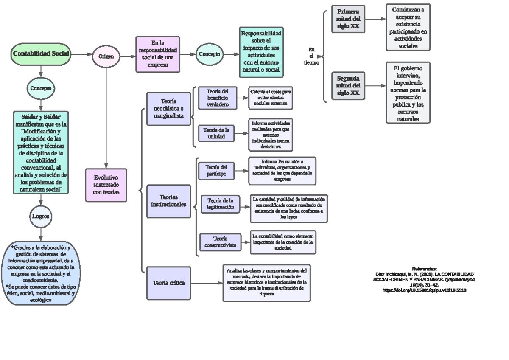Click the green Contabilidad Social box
41,54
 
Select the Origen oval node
106,56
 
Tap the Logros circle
41,216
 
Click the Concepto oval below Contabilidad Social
41,88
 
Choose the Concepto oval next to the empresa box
209,54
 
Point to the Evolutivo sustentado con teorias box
106,185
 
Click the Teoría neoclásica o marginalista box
169,109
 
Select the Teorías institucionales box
168,201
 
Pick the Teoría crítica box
168,283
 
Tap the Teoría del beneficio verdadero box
218,98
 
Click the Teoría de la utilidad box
216,133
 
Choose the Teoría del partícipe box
216,171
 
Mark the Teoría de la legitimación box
220,204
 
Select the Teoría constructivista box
220,242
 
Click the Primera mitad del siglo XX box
348,19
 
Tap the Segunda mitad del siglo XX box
348,86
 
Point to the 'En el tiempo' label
312,56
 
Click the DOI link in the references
425,290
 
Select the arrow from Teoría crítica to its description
206,283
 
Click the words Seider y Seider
41,117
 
